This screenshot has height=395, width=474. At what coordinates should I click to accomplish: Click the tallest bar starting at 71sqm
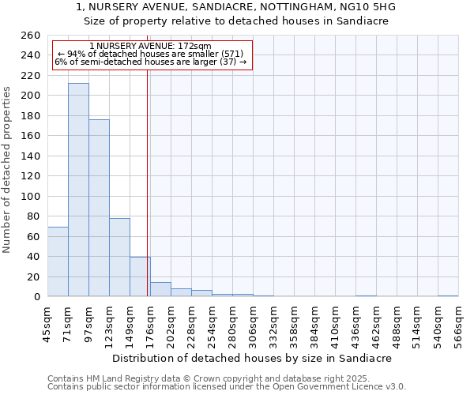click(x=78, y=190)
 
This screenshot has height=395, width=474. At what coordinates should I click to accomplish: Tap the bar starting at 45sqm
click(x=58, y=261)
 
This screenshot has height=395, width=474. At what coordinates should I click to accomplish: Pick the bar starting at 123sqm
click(x=119, y=257)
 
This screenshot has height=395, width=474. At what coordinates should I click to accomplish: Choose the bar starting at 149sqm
click(x=140, y=276)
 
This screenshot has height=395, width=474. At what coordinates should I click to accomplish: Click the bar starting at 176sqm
click(x=160, y=289)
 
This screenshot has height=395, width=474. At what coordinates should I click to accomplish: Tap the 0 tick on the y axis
click(x=36, y=297)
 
